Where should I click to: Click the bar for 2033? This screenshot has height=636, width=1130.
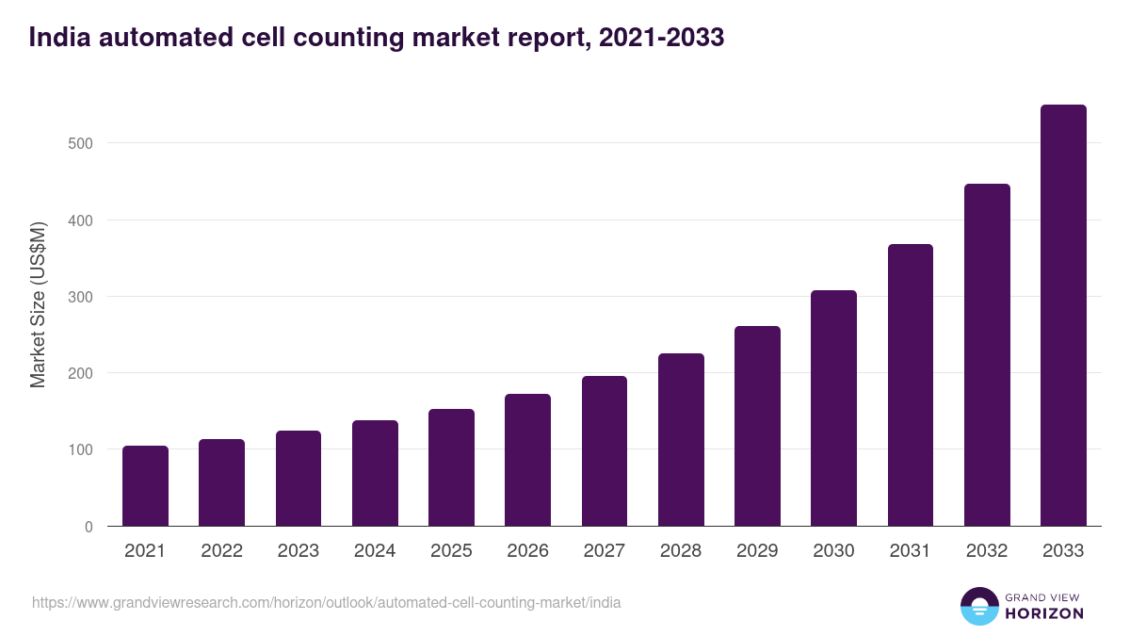(x=1063, y=316)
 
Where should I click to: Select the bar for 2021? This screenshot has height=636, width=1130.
(x=145, y=486)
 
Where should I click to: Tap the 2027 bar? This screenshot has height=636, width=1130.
(x=605, y=451)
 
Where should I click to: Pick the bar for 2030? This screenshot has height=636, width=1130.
(x=833, y=408)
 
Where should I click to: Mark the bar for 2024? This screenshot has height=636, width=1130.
(x=375, y=473)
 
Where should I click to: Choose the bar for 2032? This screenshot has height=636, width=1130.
(x=987, y=355)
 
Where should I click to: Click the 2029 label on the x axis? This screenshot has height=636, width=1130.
(x=757, y=551)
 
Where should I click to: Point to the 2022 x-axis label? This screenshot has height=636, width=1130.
(x=221, y=551)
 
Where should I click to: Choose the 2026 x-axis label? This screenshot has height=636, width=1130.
(x=527, y=551)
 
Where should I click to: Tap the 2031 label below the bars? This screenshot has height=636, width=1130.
(x=911, y=551)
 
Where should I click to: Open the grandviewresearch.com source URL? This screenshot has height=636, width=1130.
(x=326, y=602)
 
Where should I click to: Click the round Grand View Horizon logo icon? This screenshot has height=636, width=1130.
(x=979, y=606)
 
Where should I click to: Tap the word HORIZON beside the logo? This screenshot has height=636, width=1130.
(x=1044, y=613)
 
